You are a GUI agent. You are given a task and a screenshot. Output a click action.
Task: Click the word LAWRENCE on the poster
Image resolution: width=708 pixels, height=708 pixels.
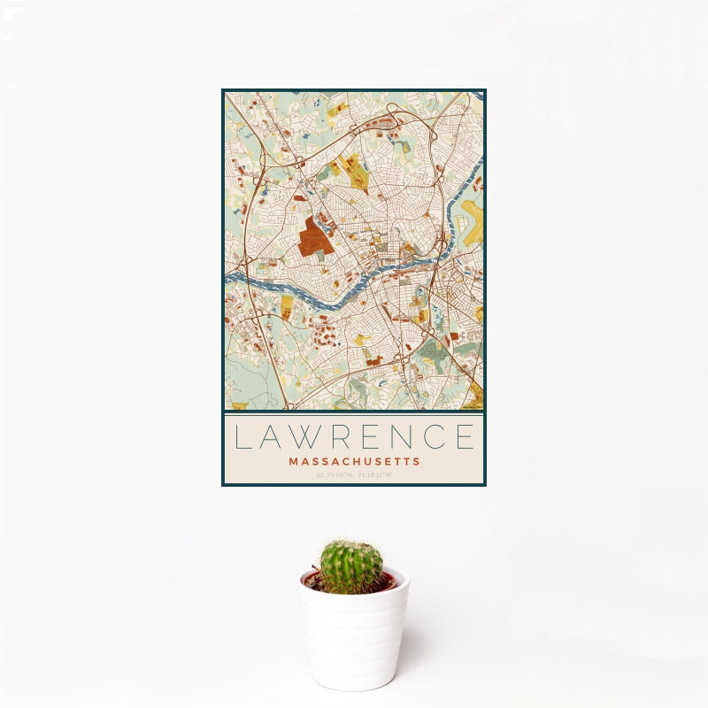tap(354, 436)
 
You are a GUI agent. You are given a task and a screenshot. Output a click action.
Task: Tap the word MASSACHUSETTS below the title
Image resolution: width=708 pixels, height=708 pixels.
tap(354, 461)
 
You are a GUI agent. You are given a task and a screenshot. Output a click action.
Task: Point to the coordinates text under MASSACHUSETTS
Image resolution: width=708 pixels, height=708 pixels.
tap(354, 474)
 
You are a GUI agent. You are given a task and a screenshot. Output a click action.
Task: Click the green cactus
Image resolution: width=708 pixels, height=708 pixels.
tap(351, 566)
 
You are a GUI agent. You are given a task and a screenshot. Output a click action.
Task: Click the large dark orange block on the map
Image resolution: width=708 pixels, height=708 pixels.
tap(312, 236)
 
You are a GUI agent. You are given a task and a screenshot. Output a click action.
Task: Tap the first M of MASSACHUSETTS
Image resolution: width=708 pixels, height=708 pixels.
tap(293, 461)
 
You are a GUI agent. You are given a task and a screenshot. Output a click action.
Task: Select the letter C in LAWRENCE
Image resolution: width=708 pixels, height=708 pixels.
tap(433, 436)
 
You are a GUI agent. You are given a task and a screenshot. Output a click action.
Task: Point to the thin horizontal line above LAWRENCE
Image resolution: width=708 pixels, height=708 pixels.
tap(354, 414)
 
